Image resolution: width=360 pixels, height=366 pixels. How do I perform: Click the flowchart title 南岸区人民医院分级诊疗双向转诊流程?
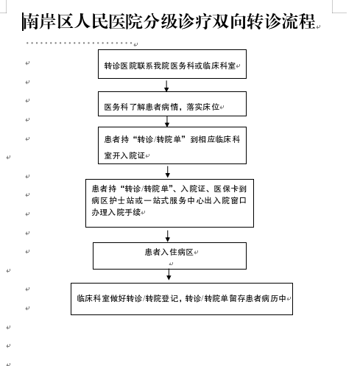(x=169, y=21)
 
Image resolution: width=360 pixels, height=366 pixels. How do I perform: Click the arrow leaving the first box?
(x=166, y=85)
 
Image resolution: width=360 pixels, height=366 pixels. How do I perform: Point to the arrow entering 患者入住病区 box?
(x=168, y=236)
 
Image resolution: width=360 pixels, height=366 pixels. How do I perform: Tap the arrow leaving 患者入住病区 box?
(x=169, y=275)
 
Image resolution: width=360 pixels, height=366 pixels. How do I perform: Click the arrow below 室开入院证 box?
(x=168, y=172)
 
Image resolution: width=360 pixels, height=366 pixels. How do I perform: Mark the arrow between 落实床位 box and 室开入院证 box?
(x=167, y=122)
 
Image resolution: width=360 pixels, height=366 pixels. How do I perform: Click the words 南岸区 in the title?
(x=40, y=21)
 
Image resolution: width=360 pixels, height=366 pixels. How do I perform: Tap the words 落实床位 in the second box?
(x=203, y=107)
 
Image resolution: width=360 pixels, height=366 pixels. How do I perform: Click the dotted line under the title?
(x=80, y=43)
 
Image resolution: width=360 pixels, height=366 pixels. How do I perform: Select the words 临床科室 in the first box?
(x=219, y=66)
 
